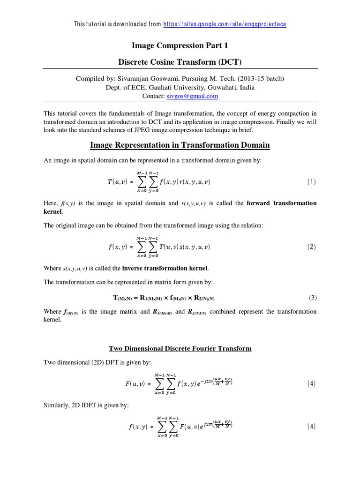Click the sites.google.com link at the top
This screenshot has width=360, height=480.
[x=225, y=24]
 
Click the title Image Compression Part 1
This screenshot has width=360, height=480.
[x=180, y=45]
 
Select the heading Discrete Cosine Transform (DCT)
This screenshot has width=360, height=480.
[x=180, y=61]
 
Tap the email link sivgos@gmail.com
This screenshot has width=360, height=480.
[x=193, y=96]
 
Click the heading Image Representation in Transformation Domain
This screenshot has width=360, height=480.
[x=180, y=145]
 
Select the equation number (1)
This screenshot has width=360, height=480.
[x=312, y=182]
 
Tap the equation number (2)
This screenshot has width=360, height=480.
[x=312, y=247]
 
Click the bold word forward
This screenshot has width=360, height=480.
[x=260, y=203]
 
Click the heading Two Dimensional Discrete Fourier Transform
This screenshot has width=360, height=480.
[x=180, y=348]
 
